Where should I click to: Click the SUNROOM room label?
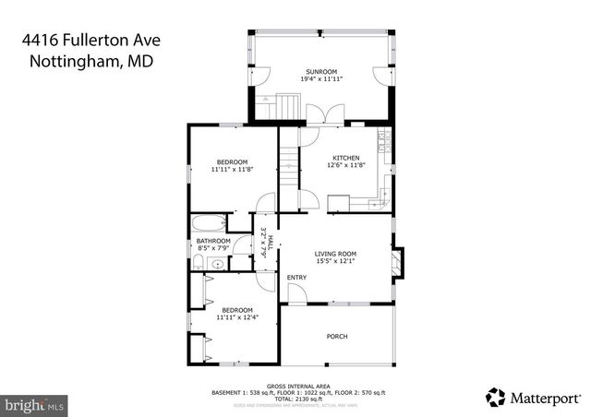[320, 71]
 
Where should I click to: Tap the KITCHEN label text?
[346, 158]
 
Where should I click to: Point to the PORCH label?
[337, 337]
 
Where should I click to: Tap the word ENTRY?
[296, 278]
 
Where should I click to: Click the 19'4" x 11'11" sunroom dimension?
[320, 79]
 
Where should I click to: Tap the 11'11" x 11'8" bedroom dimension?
[231, 170]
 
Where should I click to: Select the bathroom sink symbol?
[214, 264]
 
